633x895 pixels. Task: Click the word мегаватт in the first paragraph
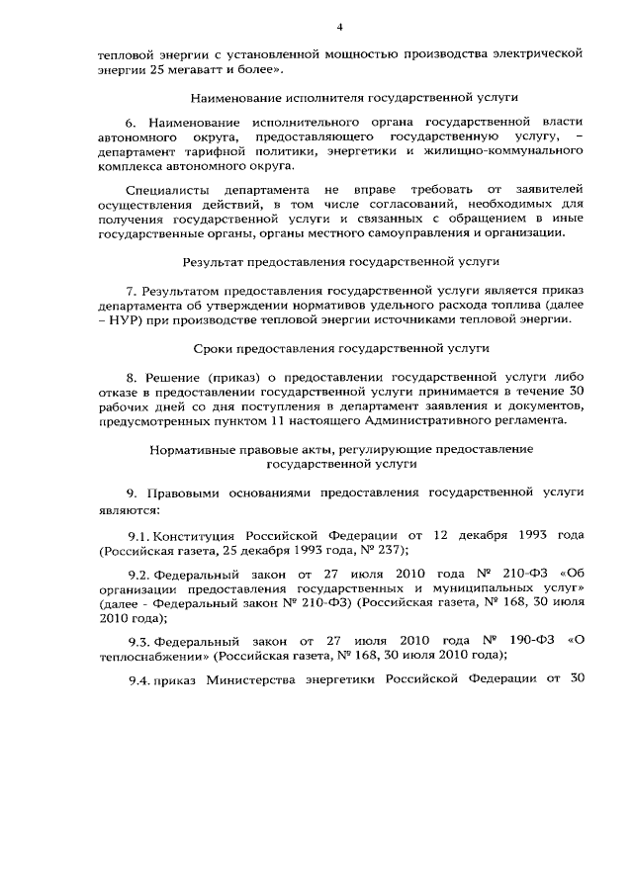203,70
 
